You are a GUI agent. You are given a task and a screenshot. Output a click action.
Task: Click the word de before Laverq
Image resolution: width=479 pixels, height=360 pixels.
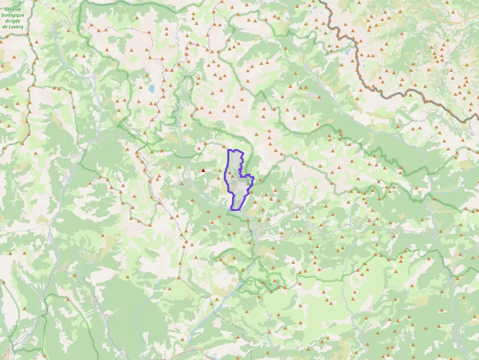click(5, 27)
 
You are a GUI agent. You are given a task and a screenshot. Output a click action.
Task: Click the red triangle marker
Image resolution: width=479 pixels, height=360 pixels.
click(203, 170)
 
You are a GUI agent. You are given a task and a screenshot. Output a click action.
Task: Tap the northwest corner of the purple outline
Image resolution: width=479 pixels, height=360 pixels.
click(229, 150)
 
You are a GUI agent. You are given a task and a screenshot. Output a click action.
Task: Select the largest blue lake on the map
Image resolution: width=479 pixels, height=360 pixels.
click(152, 88)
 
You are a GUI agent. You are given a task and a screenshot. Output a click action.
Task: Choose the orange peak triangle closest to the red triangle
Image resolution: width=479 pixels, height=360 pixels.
click(199, 147)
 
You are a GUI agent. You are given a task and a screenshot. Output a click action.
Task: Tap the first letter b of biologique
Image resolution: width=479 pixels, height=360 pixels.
click(4, 15)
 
